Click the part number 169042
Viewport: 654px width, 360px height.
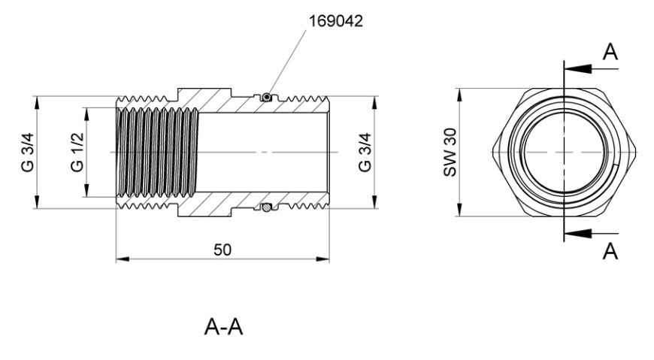pyautogui.click(x=335, y=21)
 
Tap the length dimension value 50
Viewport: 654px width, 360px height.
pyautogui.click(x=223, y=250)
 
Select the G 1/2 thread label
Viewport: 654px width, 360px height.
pyautogui.click(x=77, y=153)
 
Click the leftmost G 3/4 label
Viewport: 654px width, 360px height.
pyautogui.click(x=28, y=153)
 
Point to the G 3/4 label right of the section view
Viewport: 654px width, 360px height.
pyautogui.click(x=365, y=153)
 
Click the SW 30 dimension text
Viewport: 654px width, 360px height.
pyautogui.click(x=450, y=153)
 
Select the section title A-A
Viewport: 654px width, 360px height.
pyautogui.click(x=223, y=327)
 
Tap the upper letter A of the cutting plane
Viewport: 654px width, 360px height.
pyautogui.click(x=610, y=52)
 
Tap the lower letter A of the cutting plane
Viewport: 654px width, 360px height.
pyautogui.click(x=610, y=251)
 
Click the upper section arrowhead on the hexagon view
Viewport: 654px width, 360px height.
pyautogui.click(x=577, y=68)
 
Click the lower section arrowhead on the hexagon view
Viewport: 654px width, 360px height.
pyautogui.click(x=577, y=233)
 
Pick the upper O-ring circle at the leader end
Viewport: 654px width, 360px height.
pyautogui.click(x=266, y=97)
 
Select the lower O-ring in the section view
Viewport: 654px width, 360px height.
pyautogui.click(x=266, y=207)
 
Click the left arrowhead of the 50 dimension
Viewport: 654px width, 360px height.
pyautogui.click(x=123, y=259)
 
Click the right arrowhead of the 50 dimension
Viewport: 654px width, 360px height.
pyautogui.click(x=322, y=259)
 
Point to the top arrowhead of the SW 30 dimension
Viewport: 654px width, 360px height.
pyautogui.click(x=459, y=95)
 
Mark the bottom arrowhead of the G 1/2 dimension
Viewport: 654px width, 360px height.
pyautogui.click(x=86, y=190)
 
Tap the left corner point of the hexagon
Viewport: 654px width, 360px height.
pyautogui.click(x=492, y=153)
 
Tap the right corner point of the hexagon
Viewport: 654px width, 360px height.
pyautogui.click(x=636, y=153)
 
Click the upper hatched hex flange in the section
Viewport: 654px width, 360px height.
pyautogui.click(x=204, y=100)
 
